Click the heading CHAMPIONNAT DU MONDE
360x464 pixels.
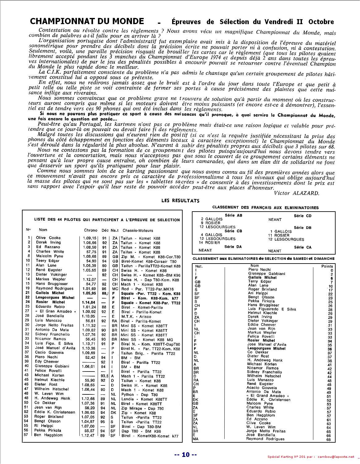(x=87, y=21)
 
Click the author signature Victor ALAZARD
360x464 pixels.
(x=296, y=193)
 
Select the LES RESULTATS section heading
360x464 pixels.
(x=180, y=201)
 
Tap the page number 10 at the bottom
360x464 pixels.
(x=185, y=454)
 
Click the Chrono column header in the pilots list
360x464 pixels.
(x=91, y=230)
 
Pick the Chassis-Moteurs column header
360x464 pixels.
(x=138, y=230)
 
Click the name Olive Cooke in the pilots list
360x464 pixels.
(x=48, y=238)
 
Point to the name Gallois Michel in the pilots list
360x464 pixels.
(x=50, y=293)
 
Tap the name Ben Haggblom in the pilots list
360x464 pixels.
(x=48, y=435)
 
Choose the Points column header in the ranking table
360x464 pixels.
(x=327, y=266)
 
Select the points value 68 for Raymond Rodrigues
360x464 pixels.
(x=328, y=439)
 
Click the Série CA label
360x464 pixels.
(x=303, y=247)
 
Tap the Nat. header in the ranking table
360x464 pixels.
(x=199, y=266)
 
